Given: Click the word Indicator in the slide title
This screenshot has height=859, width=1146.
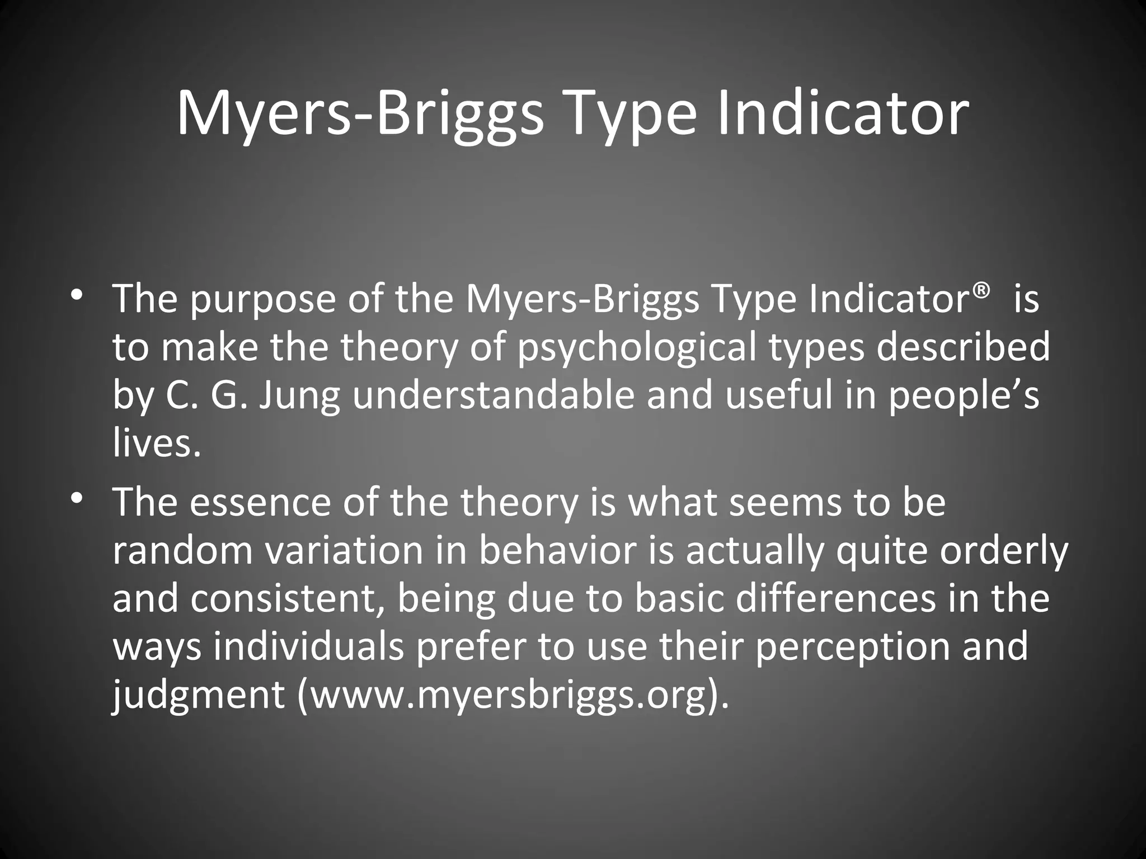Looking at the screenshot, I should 843,115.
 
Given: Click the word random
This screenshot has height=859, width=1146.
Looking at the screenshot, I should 182,550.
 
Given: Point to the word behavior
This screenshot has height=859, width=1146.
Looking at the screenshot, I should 557,550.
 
